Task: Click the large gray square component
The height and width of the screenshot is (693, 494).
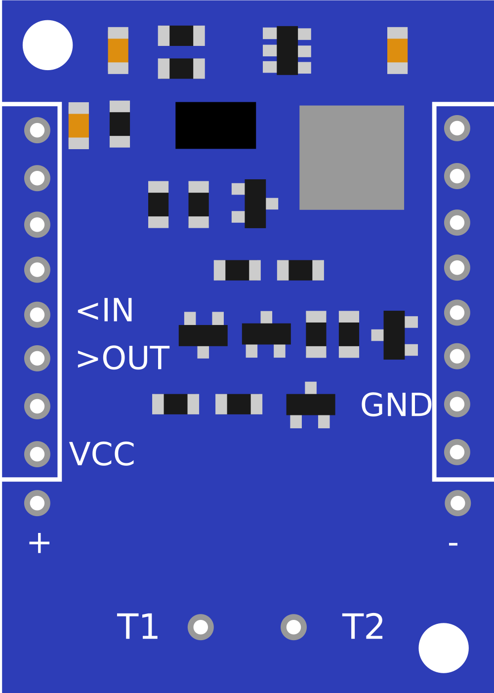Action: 351,157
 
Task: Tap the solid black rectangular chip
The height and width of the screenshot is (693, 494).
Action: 215,125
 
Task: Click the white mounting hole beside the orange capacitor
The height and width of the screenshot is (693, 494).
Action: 47,45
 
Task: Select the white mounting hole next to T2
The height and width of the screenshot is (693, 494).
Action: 443,648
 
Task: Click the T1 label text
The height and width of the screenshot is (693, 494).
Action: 137,627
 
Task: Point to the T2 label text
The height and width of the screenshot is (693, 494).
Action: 363,627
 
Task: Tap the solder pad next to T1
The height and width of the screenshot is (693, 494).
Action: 201,627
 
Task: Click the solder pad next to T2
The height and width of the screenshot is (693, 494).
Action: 293,627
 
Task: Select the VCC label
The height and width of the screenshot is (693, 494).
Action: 102,454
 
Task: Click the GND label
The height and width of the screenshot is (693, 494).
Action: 396,406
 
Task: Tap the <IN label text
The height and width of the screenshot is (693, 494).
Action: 105,311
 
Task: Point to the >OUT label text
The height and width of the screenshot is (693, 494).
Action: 123,359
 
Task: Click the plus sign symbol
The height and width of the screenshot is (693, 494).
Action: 39,543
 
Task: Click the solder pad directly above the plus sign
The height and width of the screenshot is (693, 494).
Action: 37,503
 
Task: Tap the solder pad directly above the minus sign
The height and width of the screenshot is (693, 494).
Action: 457,503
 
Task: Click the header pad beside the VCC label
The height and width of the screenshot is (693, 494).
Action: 37,454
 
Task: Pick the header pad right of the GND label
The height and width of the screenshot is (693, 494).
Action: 457,404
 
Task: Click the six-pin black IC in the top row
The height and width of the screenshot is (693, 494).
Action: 287,50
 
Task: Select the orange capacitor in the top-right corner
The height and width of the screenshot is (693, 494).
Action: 397,50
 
